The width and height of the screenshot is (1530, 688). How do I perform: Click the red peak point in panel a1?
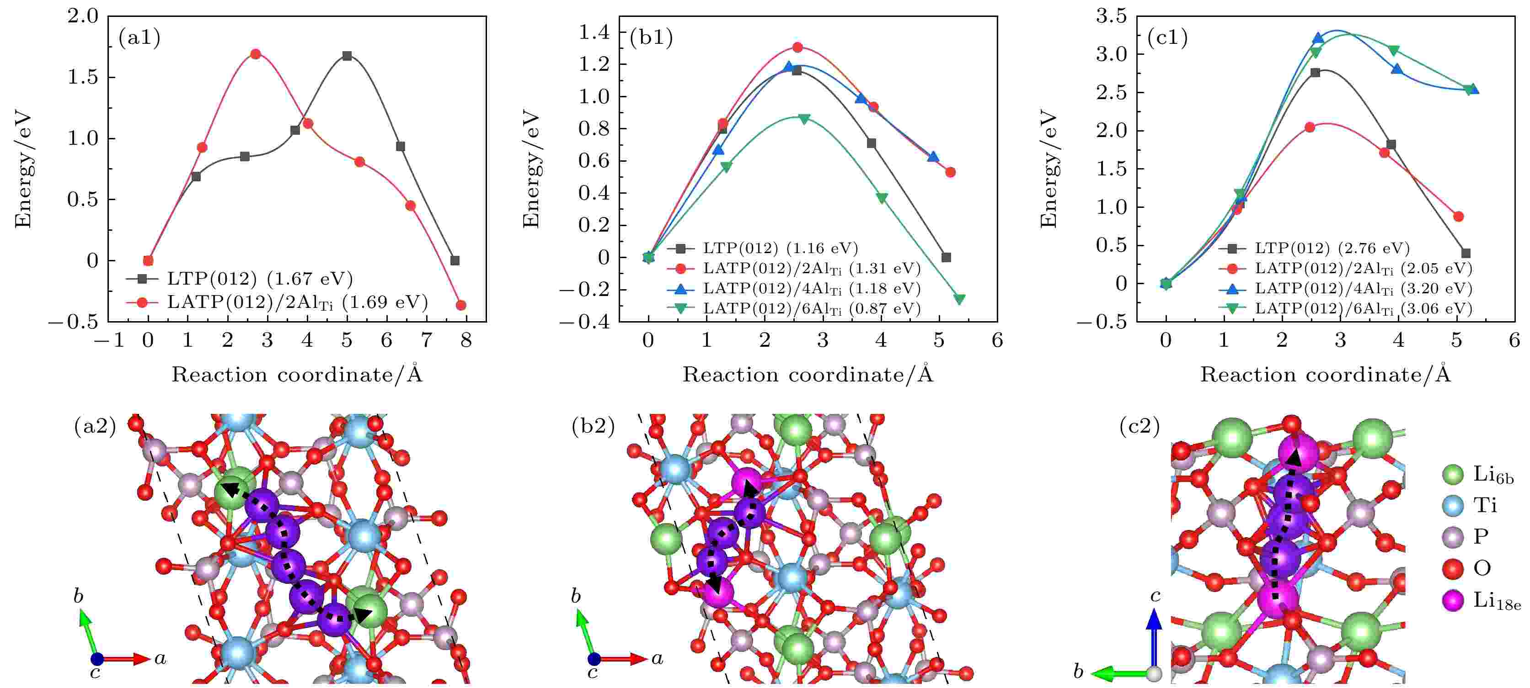point(256,54)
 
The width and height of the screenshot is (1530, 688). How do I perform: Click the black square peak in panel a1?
point(348,56)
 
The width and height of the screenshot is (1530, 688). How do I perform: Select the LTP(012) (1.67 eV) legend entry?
point(260,278)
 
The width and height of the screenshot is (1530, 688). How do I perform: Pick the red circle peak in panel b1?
point(797,48)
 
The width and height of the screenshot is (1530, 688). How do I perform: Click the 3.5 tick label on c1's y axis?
point(1111,16)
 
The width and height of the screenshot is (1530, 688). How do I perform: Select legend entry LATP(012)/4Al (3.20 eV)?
point(1363,289)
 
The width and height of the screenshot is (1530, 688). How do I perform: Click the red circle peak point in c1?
point(1310,127)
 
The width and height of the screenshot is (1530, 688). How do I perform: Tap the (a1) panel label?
point(139,38)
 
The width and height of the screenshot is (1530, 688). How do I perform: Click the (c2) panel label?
point(1139,426)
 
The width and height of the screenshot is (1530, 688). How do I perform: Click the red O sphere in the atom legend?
point(1452,569)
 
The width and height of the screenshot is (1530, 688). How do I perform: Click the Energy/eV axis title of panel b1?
point(530,169)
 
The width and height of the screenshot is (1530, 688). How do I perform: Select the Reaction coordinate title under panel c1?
point(1325,375)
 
